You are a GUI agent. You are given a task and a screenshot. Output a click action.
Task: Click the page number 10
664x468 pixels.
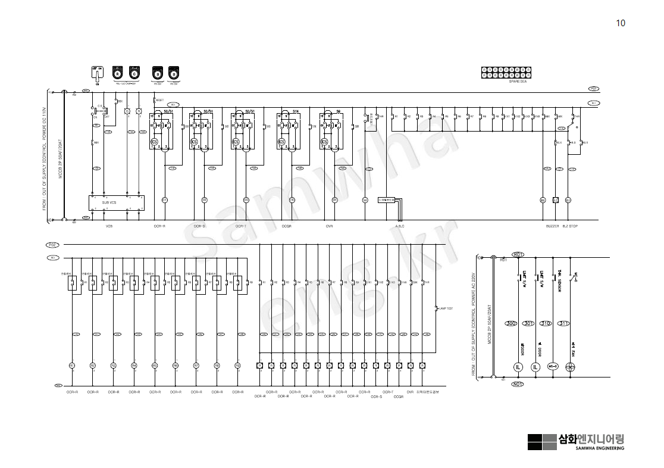click(x=621, y=23)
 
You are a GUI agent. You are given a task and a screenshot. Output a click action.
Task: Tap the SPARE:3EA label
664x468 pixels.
click(x=518, y=82)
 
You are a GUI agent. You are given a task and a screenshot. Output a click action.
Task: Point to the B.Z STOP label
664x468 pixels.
click(x=570, y=226)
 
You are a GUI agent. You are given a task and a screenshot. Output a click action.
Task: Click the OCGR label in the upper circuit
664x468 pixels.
click(x=287, y=226)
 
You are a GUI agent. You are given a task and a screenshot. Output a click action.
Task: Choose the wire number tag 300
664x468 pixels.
click(x=510, y=323)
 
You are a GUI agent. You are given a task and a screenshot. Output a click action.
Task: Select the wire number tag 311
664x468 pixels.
click(x=563, y=323)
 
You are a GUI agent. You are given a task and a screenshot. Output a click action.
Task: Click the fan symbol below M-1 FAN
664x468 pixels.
click(x=569, y=367)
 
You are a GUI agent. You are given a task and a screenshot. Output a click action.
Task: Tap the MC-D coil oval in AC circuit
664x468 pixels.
click(x=552, y=367)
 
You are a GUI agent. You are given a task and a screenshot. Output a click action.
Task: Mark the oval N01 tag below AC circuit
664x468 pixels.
click(x=518, y=385)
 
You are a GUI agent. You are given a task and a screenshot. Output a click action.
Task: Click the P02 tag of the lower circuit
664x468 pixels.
click(x=52, y=245)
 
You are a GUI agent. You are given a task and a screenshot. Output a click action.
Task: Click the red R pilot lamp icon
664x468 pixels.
click(x=118, y=73)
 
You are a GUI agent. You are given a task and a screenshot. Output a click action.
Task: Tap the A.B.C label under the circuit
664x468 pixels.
click(x=400, y=226)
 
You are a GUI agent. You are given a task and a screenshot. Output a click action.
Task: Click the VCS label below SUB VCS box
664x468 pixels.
click(x=109, y=226)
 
